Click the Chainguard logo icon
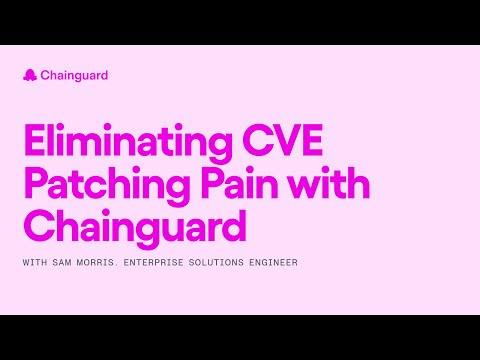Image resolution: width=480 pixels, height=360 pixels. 29,75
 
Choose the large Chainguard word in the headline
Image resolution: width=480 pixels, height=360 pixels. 134,228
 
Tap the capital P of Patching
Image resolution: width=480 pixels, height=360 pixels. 33,187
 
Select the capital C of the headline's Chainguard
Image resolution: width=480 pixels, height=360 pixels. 36,228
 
